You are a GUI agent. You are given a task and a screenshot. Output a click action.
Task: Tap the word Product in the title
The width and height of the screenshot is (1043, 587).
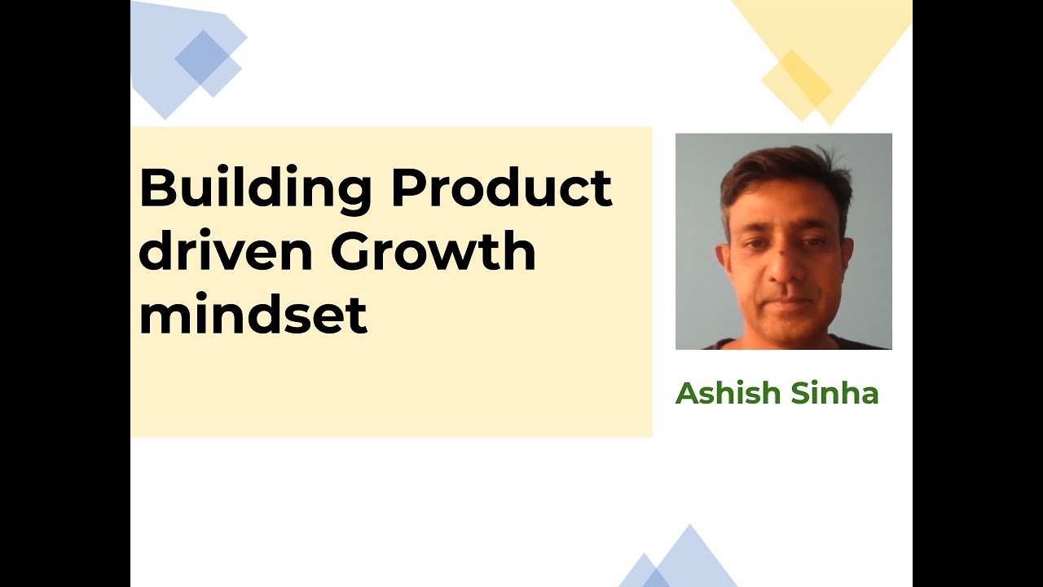point(501,189)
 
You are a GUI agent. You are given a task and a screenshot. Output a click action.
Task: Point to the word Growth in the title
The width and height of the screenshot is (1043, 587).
point(433,252)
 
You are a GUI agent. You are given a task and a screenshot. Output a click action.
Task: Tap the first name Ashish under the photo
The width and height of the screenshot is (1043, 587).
point(725,394)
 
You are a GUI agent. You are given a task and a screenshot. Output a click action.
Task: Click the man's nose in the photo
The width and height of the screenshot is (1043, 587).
point(784,269)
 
